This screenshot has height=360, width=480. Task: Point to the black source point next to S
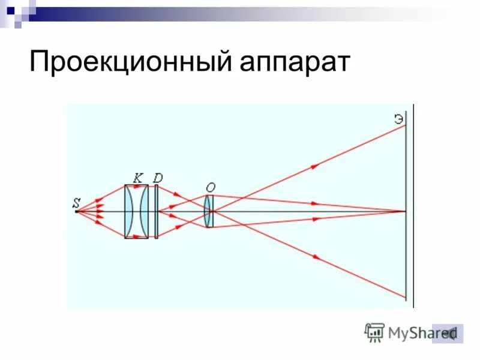pyautogui.click(x=77, y=211)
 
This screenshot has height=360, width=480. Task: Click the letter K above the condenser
pyautogui.click(x=137, y=177)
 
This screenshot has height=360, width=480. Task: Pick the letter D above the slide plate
pyautogui.click(x=158, y=177)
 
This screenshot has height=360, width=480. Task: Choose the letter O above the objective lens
pyautogui.click(x=210, y=187)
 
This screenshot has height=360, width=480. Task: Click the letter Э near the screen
pyautogui.click(x=398, y=118)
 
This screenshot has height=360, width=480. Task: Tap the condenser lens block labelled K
pyautogui.click(x=136, y=211)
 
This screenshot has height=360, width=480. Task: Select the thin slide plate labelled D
pyautogui.click(x=156, y=211)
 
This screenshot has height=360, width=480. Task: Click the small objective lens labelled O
pyautogui.click(x=208, y=211)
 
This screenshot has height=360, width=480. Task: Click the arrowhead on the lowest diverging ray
pyautogui.click(x=316, y=257)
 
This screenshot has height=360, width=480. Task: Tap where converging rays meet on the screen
pyautogui.click(x=406, y=211)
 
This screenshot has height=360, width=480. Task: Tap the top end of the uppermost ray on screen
pyautogui.click(x=406, y=125)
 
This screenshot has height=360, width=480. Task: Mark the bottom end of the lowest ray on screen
pyautogui.click(x=406, y=297)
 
